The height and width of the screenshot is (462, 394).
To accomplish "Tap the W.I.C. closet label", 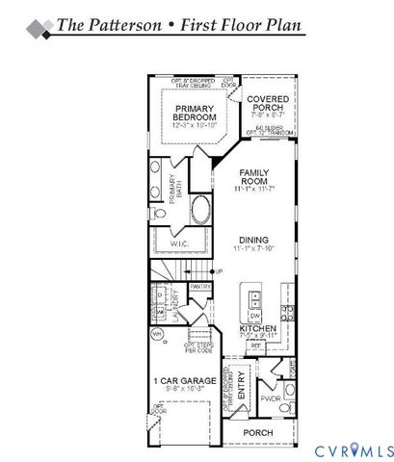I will point(180,244).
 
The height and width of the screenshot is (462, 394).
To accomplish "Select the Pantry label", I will point(200,286).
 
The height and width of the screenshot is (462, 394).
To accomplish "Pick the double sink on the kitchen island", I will point(254,295).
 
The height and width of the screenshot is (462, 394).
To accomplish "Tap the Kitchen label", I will point(258,329).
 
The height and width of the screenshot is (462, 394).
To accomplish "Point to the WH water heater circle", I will point(156,334).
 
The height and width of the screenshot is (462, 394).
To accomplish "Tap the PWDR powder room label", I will point(271,397).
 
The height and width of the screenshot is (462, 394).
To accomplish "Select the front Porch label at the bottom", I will point(256,433).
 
